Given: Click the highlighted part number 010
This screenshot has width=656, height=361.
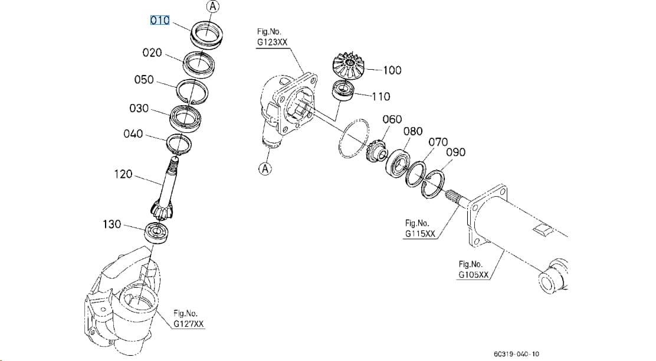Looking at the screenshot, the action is [160, 20].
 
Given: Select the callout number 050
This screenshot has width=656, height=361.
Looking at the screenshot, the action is [144, 80].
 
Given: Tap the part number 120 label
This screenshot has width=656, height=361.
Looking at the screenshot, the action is [123, 174].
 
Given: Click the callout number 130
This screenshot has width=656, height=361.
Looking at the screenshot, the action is [111, 225].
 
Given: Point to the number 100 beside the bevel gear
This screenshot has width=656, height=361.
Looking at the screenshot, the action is [392, 70].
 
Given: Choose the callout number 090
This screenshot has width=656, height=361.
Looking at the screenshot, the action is [455, 152].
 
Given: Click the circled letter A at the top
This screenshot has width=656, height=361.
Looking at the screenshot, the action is [213, 6].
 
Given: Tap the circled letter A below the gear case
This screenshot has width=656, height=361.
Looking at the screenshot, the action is [265, 169].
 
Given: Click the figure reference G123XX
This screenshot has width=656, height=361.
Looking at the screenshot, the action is [273, 42].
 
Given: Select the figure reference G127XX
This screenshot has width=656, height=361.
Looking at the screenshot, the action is [189, 324].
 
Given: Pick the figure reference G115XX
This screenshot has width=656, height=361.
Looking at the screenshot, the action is [420, 234].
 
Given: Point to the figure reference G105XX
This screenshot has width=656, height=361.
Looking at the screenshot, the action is [474, 275].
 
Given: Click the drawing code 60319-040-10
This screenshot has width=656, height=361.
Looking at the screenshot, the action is [516, 355].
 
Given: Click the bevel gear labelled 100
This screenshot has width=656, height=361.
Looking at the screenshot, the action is [348, 66].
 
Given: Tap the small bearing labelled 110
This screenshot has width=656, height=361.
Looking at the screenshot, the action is [343, 90].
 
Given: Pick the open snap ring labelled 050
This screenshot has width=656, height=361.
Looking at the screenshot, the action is [192, 92].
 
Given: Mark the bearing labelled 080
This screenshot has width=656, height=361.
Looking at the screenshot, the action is [397, 164].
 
